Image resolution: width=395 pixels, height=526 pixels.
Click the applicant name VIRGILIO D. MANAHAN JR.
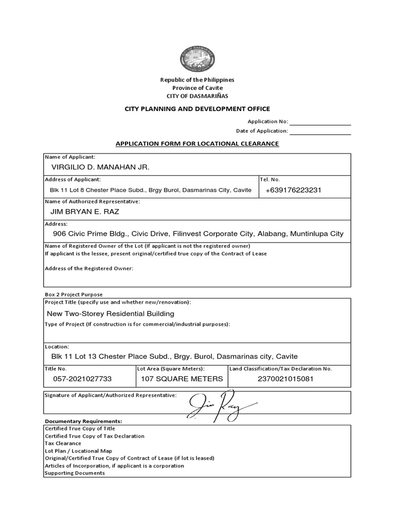[x=100, y=167]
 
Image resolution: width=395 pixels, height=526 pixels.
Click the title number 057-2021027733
[x=82, y=379]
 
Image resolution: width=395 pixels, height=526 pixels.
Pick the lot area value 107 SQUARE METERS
[x=182, y=379]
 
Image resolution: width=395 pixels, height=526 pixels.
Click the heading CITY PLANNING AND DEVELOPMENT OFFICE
[x=197, y=109]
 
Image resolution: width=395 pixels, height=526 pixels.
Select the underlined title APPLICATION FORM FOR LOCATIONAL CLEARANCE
[x=197, y=144]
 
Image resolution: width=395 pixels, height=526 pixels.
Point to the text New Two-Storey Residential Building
[x=111, y=313]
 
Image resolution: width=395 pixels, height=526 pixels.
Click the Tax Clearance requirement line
[x=63, y=443]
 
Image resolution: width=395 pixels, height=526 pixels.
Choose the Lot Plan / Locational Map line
[x=79, y=450]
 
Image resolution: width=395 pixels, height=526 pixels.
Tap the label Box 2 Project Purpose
[x=74, y=294]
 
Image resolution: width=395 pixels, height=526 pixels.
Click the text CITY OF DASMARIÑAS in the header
[x=197, y=96]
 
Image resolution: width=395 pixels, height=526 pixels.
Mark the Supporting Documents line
[x=75, y=473]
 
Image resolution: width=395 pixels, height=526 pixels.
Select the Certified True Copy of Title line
[x=80, y=428]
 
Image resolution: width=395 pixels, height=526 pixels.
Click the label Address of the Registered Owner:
[x=89, y=269]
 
